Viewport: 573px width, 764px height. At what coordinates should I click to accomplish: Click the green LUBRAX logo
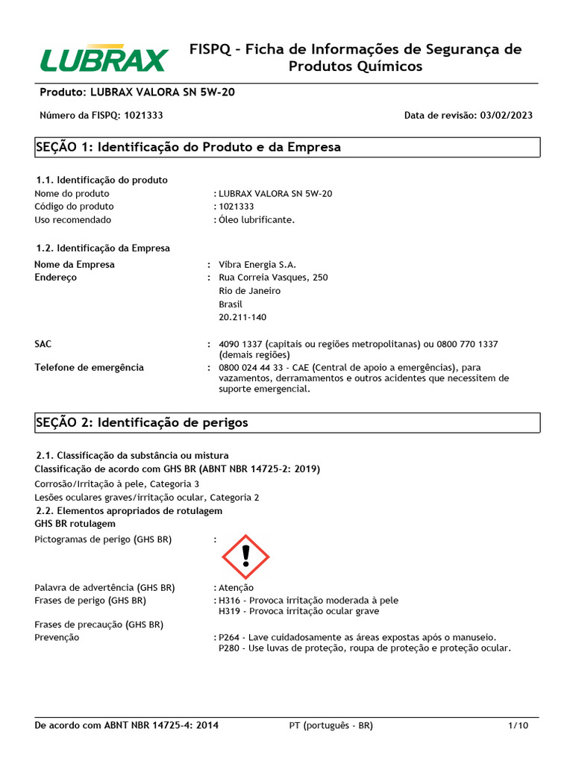tap(104, 59)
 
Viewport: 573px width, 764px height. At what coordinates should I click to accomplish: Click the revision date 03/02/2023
tap(506, 116)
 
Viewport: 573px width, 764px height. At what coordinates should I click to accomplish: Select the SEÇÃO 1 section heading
tap(188, 147)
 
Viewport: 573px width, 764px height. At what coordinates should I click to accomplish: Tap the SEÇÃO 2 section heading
tap(142, 422)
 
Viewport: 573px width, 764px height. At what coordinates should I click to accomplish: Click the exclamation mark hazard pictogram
tap(245, 557)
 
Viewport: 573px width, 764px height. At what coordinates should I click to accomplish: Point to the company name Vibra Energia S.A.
tap(257, 265)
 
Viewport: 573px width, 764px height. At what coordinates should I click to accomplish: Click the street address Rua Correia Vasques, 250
tap(273, 278)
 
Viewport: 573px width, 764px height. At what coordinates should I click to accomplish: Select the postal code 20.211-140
tap(242, 318)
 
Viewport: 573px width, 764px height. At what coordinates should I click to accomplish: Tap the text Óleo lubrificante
tap(257, 220)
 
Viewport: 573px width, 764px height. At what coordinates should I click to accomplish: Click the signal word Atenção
tap(236, 588)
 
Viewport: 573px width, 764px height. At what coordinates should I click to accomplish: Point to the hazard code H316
tap(230, 601)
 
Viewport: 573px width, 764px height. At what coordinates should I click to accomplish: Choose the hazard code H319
tap(230, 612)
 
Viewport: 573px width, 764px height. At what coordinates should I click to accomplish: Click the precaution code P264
tap(230, 638)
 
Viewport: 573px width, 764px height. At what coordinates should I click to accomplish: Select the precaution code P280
tap(230, 649)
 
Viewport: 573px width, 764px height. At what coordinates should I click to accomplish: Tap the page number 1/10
tap(518, 726)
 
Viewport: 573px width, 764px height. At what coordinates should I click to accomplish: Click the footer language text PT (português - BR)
tap(331, 726)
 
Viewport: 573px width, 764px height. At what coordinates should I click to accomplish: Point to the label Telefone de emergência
tap(89, 368)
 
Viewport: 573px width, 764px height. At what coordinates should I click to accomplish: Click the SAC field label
tap(43, 344)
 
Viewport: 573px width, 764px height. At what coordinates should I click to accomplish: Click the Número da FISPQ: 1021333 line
tap(101, 116)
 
